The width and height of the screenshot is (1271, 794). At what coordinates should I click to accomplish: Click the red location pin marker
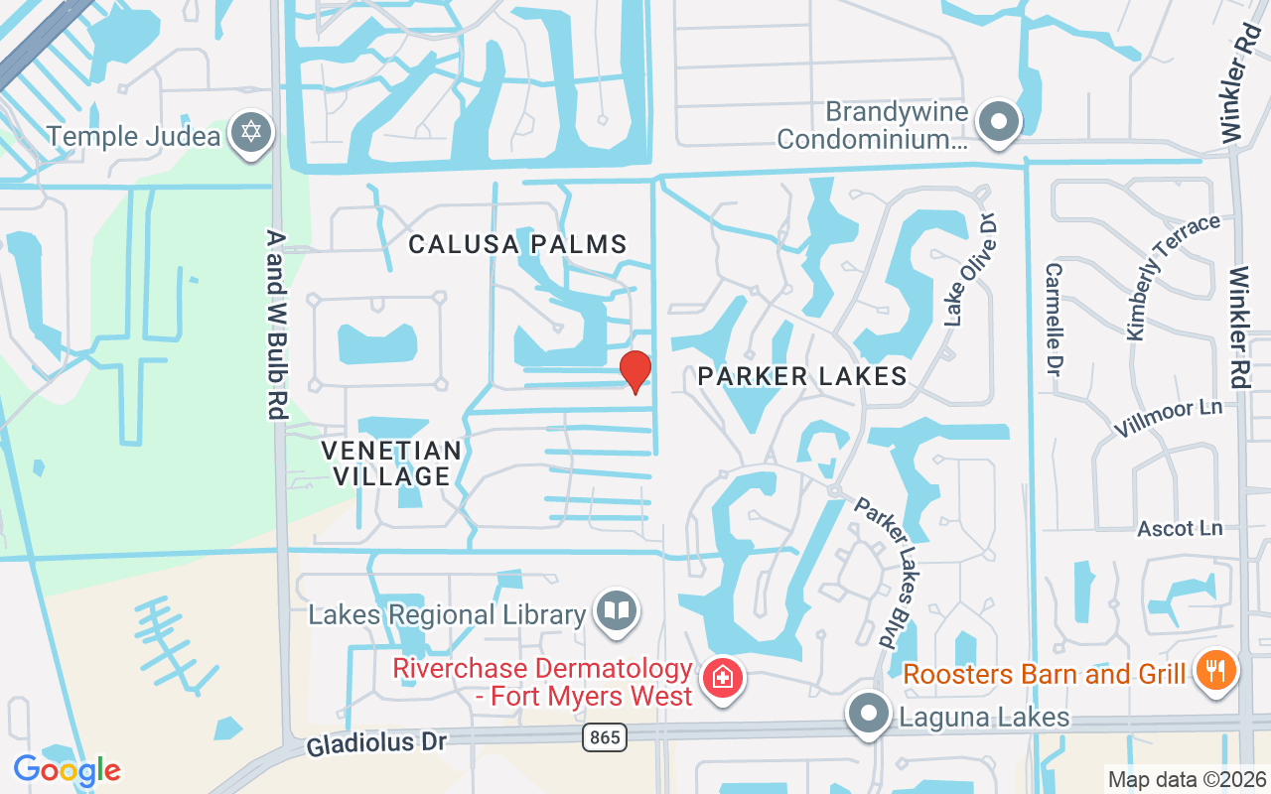pyautogui.click(x=635, y=371)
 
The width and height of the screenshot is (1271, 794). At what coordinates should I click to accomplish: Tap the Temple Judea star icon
pyautogui.click(x=251, y=133)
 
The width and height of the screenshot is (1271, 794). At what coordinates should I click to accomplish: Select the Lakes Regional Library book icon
pyautogui.click(x=617, y=609)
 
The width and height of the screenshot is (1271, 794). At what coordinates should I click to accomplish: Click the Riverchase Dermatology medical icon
pyautogui.click(x=723, y=680)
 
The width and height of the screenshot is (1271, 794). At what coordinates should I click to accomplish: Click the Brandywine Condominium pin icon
pyautogui.click(x=1000, y=123)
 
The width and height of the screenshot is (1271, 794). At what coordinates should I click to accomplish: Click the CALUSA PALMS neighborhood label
pyautogui.click(x=518, y=244)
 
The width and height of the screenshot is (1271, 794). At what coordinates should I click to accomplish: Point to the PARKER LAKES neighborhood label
pyautogui.click(x=802, y=376)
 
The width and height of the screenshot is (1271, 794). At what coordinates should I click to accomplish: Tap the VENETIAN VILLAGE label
pyautogui.click(x=392, y=463)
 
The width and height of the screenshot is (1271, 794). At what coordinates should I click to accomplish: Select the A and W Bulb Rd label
pyautogui.click(x=276, y=325)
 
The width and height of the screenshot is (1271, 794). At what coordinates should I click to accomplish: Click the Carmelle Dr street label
pyautogui.click(x=1055, y=319)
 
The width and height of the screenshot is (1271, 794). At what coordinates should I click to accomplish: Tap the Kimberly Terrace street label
pyautogui.click(x=1172, y=277)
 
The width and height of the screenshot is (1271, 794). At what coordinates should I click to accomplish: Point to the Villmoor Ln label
pyautogui.click(x=1168, y=418)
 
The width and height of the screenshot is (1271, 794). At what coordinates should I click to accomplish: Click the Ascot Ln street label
pyautogui.click(x=1180, y=528)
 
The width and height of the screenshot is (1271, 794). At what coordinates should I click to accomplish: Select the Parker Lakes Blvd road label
pyautogui.click(x=884, y=574)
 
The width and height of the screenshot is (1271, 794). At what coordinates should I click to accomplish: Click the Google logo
pyautogui.click(x=67, y=769)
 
